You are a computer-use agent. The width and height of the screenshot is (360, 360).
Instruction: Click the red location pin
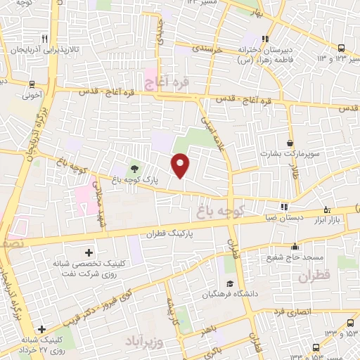point(181,166)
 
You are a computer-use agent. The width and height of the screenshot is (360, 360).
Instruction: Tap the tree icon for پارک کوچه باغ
point(134,168)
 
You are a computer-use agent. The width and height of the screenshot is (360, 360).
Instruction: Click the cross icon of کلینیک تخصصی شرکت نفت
point(89,252)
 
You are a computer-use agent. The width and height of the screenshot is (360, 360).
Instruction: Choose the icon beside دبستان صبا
point(284,207)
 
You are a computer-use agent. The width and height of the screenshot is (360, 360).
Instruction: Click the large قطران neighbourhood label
point(314,277)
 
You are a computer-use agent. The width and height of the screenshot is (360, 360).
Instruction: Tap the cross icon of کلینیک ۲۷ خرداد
point(43,329)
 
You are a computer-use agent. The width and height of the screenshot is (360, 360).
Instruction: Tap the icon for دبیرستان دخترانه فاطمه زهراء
point(264,39)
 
